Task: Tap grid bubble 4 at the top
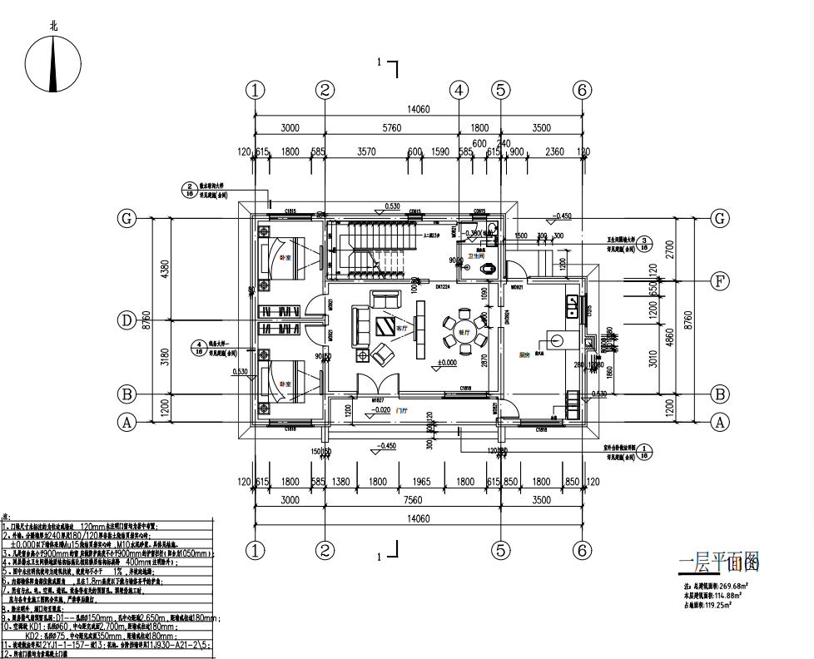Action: click(x=459, y=90)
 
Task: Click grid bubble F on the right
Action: click(x=720, y=280)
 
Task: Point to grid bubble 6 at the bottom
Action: click(x=582, y=550)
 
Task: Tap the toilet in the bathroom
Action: click(x=490, y=269)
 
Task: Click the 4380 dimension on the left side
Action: click(x=165, y=269)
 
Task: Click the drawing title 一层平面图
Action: click(x=719, y=564)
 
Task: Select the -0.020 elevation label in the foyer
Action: click(x=382, y=410)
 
